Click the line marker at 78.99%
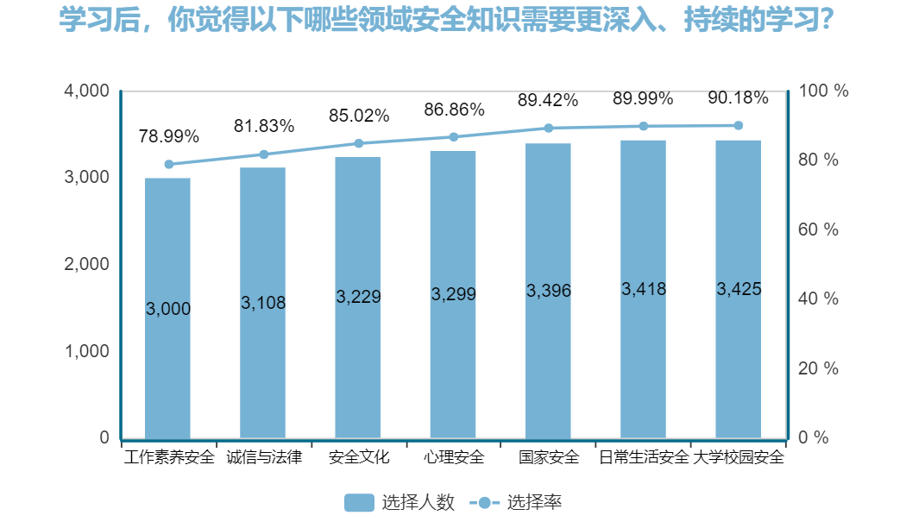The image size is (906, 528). [169, 164]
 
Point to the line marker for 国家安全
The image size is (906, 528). [548, 128]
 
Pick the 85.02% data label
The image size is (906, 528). [359, 116]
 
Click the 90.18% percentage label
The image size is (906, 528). [738, 97]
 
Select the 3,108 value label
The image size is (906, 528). [263, 303]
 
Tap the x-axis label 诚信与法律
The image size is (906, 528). [264, 457]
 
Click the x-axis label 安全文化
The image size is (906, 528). [359, 457]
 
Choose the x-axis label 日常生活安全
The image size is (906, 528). [644, 457]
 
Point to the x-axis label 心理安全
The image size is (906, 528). [454, 457]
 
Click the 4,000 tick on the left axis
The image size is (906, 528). [87, 91]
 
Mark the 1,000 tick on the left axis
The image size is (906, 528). [87, 351]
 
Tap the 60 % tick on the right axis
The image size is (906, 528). [819, 229]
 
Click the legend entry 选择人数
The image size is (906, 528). [400, 502]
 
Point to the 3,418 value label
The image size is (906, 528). [644, 289]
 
